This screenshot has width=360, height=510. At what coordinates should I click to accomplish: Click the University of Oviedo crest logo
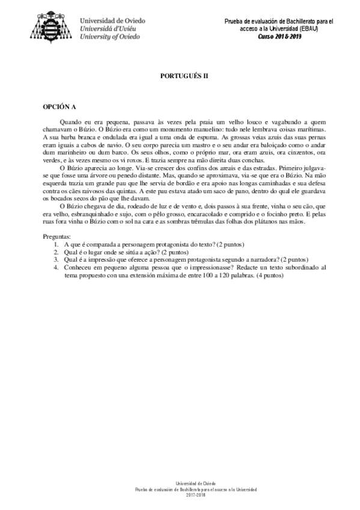[x=54, y=24]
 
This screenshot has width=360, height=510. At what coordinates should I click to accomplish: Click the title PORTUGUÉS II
[x=179, y=78]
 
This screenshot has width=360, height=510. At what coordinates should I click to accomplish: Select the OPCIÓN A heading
[x=58, y=108]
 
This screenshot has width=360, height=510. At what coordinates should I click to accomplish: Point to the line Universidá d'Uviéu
[x=111, y=28]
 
